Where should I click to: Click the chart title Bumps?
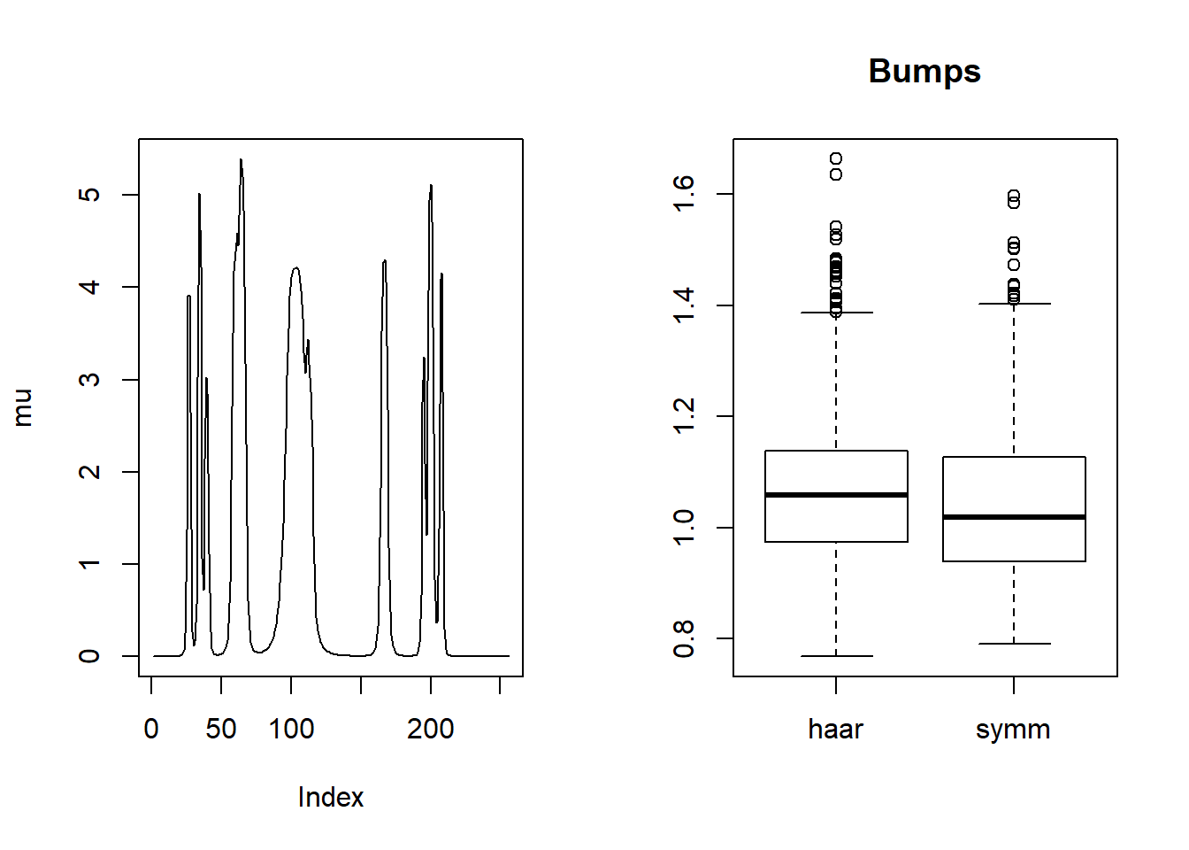pyautogui.click(x=924, y=72)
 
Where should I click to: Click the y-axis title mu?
pyautogui.click(x=22, y=407)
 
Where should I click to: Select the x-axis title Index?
pyautogui.click(x=330, y=798)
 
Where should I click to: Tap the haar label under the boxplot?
pyautogui.click(x=835, y=730)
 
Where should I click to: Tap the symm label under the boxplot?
pyautogui.click(x=1013, y=730)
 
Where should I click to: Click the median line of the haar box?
pyautogui.click(x=836, y=495)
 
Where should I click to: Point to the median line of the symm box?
pyautogui.click(x=1014, y=517)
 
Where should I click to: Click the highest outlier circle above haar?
pyautogui.click(x=836, y=159)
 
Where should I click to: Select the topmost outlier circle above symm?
pyautogui.click(x=1014, y=196)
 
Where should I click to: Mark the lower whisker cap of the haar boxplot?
pyautogui.click(x=836, y=656)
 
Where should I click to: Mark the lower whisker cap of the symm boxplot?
pyautogui.click(x=1014, y=644)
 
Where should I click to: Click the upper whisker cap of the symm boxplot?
pyautogui.click(x=1014, y=304)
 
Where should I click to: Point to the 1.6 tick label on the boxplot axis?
pyautogui.click(x=684, y=194)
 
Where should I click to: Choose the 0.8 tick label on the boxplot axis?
pyautogui.click(x=684, y=638)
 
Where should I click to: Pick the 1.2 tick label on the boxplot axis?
pyautogui.click(x=684, y=416)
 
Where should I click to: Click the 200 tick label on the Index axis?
pyautogui.click(x=430, y=730)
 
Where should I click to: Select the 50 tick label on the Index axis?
pyautogui.click(x=221, y=730)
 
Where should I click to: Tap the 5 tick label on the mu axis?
pyautogui.click(x=89, y=195)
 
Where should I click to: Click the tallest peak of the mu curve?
pyautogui.click(x=241, y=161)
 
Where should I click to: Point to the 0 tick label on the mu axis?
pyautogui.click(x=89, y=656)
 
